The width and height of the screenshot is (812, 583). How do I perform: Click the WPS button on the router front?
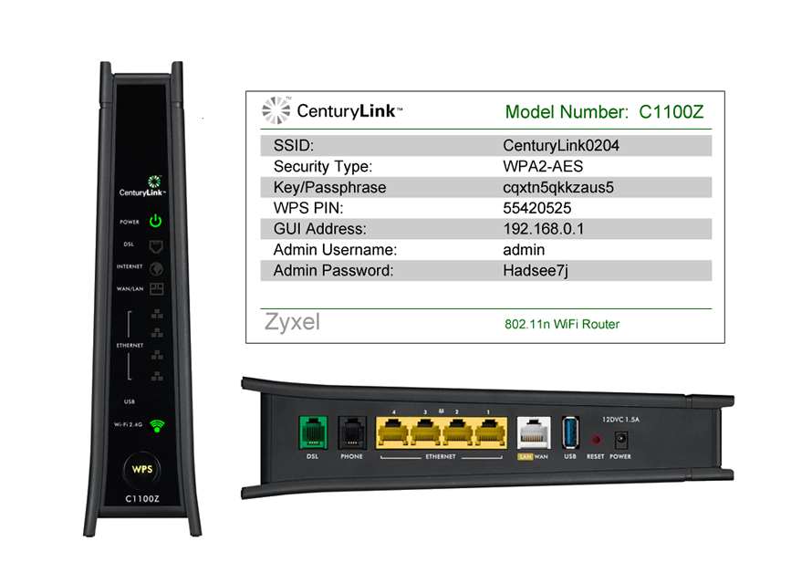[142, 470]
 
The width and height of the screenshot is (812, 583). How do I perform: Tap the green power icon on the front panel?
[155, 221]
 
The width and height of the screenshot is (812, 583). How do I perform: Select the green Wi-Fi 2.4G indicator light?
[157, 425]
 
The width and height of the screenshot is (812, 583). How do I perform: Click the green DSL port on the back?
[313, 432]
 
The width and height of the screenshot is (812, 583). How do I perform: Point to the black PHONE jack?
[351, 432]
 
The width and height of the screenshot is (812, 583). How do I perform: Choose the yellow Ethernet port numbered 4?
[393, 432]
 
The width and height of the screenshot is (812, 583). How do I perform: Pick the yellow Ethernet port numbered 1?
[489, 432]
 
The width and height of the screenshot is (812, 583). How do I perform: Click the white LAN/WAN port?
[534, 432]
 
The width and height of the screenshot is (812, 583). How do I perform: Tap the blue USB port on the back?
[570, 432]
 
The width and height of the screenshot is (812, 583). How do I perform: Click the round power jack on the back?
[621, 440]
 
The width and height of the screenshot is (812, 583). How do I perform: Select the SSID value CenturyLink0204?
[561, 145]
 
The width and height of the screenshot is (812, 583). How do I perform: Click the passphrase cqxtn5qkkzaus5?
[558, 187]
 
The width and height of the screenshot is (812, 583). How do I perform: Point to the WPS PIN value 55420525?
[537, 208]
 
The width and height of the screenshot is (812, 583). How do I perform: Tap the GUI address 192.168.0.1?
[543, 229]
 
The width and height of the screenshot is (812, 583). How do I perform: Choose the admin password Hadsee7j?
[536, 271]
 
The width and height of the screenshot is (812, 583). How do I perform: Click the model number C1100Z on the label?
[671, 112]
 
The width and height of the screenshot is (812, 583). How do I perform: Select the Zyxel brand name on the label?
[292, 322]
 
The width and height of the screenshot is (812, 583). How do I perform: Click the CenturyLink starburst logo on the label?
[276, 110]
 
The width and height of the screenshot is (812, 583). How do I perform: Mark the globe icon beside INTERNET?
[156, 269]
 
